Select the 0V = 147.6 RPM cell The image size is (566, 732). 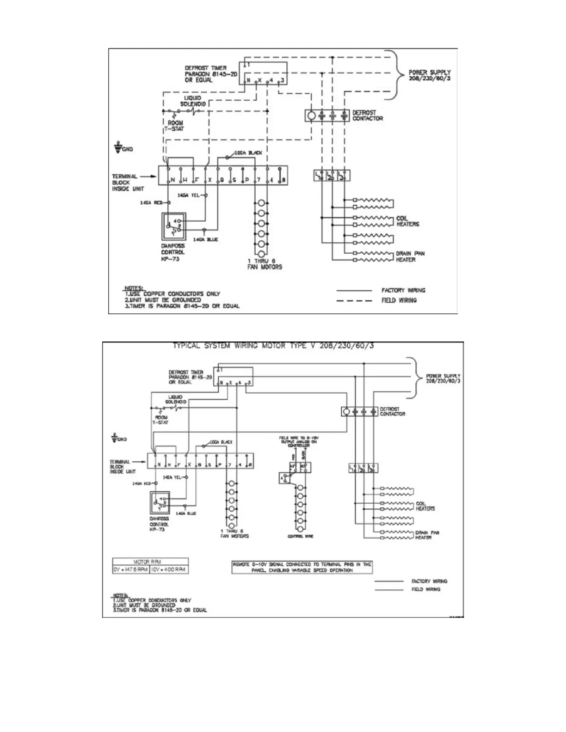[x=131, y=569]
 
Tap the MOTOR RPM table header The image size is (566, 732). [x=150, y=561]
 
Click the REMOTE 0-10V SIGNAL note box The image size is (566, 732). [x=301, y=567]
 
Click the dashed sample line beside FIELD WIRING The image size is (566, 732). [x=354, y=300]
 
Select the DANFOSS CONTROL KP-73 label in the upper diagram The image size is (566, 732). [x=173, y=252]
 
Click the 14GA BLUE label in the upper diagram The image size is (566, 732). [x=205, y=239]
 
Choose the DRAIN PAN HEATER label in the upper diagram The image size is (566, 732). [x=410, y=256]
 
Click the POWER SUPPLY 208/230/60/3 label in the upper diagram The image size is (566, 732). [x=429, y=76]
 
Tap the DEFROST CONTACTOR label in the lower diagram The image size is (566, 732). [x=392, y=411]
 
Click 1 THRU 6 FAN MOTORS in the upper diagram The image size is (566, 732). [x=265, y=264]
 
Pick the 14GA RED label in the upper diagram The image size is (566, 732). [x=152, y=203]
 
